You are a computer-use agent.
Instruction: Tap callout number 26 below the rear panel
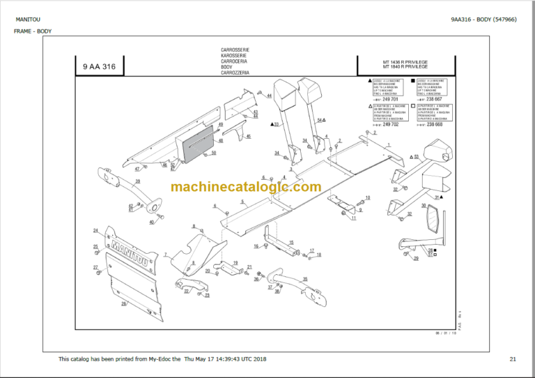(x=123, y=304)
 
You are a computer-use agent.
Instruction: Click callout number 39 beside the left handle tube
(x=138, y=181)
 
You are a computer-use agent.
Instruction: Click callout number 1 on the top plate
(x=389, y=142)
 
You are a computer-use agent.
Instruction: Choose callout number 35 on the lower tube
(x=304, y=279)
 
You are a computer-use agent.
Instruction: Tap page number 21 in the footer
(x=513, y=359)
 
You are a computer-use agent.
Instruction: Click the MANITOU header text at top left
(x=28, y=19)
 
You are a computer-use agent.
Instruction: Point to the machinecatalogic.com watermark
(x=245, y=187)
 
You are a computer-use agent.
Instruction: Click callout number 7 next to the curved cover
(x=166, y=255)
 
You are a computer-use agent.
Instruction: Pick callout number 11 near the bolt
(x=353, y=218)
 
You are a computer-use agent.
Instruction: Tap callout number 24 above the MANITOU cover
(x=95, y=230)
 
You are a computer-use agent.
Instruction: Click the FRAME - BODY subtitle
(x=32, y=31)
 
